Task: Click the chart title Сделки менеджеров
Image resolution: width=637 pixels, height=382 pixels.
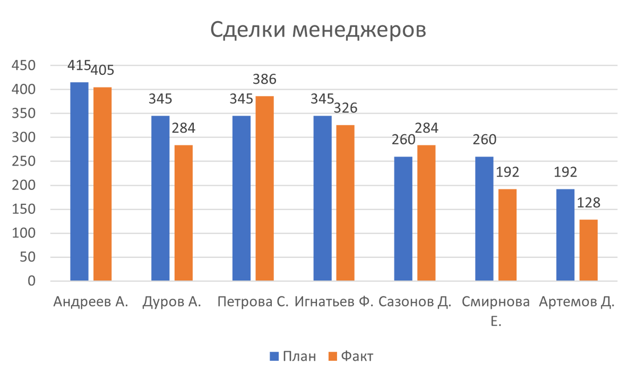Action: point(318,30)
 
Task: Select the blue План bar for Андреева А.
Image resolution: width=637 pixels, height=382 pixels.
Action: point(80,180)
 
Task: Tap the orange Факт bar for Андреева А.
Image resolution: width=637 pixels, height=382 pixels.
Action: point(102,183)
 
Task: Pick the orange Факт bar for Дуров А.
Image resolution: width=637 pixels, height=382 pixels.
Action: point(184,212)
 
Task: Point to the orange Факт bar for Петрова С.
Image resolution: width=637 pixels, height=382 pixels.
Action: point(265,188)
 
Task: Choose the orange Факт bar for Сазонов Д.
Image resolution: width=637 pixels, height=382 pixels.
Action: point(427,212)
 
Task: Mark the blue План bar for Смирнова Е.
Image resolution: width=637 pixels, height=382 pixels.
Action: point(485,218)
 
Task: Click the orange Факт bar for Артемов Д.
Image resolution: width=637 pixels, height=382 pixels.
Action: point(589,249)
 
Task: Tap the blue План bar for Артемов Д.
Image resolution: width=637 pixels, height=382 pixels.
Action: point(565,233)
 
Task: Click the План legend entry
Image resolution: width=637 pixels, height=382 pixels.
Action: point(292,357)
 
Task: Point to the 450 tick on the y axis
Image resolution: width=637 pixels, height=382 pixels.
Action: point(23,65)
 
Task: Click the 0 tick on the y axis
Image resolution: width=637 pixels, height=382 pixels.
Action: point(31,281)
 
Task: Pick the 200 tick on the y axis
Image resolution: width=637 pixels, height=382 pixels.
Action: point(23,185)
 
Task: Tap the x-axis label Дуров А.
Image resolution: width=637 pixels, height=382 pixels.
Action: point(171,302)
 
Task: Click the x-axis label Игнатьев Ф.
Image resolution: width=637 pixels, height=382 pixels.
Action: point(334,302)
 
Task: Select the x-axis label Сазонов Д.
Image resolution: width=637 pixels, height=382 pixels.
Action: point(415,302)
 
